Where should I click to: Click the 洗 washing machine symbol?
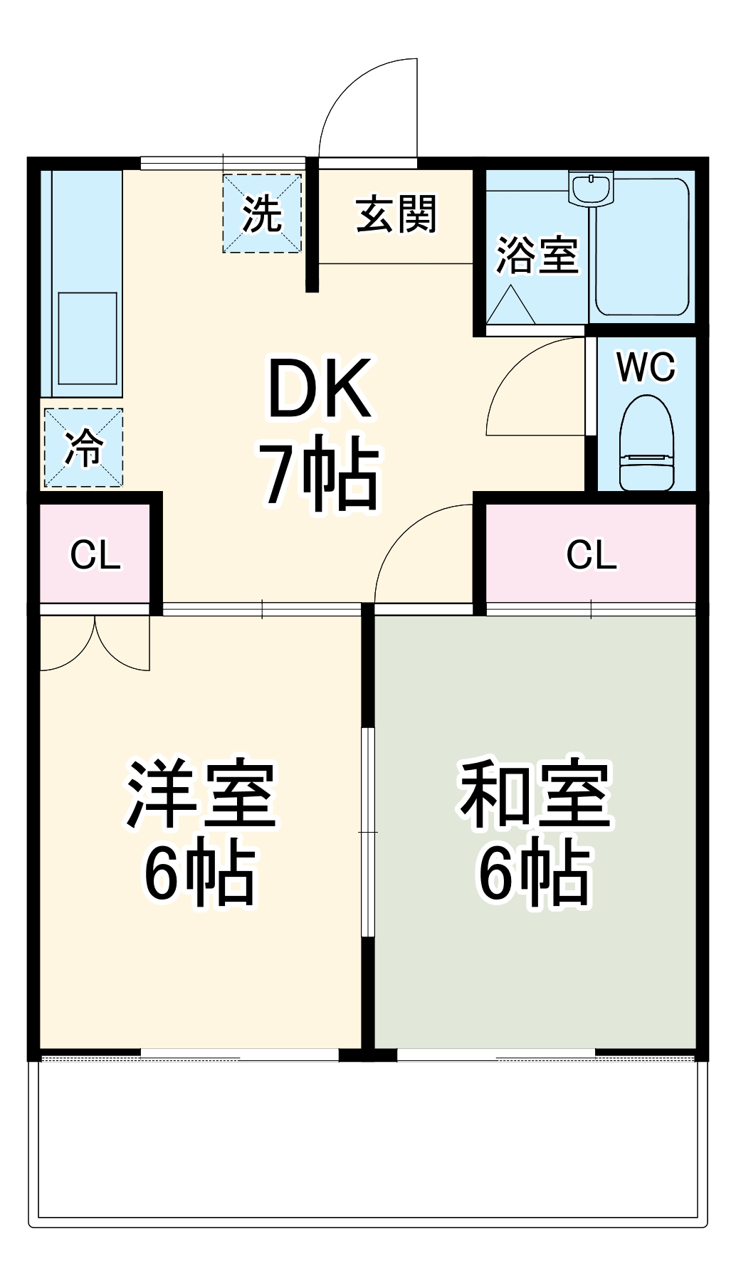point(262,213)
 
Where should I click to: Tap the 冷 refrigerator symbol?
point(83,448)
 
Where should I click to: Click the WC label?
point(646,367)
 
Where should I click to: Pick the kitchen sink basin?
point(88,338)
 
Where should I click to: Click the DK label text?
point(320,389)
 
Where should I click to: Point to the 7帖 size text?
point(320,473)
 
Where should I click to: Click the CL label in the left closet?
point(95,555)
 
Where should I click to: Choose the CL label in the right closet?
point(592,555)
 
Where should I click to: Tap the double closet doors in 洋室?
point(95,643)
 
